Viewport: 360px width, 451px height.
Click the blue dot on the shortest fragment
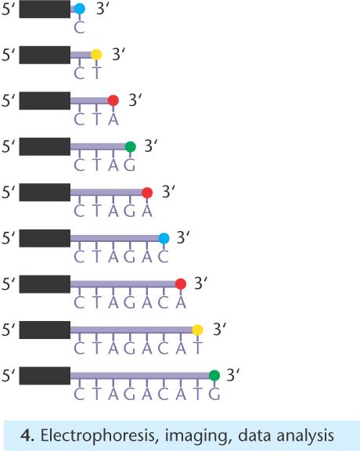[x=80, y=9]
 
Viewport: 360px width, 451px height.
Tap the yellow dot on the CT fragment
[x=96, y=54]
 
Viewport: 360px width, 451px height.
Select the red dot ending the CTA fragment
[x=113, y=100]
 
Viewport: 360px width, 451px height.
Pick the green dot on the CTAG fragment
[x=130, y=146]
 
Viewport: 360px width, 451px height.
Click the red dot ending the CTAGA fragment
[x=147, y=193]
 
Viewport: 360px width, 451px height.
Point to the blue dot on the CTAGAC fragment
[x=164, y=238]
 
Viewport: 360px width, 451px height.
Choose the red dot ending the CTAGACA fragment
[x=181, y=284]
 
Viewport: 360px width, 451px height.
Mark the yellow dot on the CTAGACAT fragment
[x=197, y=330]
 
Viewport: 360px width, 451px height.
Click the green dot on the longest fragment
[x=214, y=375]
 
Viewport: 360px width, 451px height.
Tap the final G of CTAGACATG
[x=214, y=394]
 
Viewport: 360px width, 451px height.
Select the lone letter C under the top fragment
[x=79, y=27]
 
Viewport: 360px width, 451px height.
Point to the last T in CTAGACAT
[x=197, y=348]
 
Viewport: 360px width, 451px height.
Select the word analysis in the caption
[x=305, y=436]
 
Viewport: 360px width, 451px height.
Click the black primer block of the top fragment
[x=45, y=9]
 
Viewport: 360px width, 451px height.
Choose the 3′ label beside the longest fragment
[x=233, y=375]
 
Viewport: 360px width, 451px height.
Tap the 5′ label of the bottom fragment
[x=8, y=376]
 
